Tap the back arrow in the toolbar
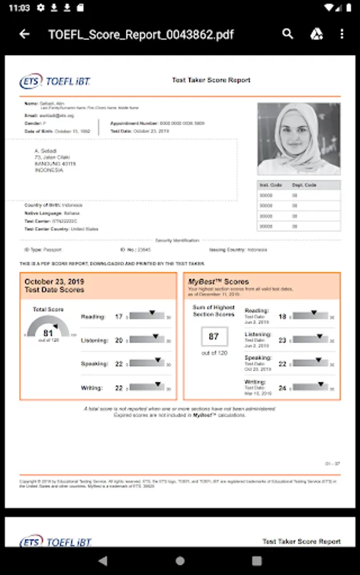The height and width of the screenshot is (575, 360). pyautogui.click(x=24, y=34)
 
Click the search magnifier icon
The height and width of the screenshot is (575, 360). pyautogui.click(x=288, y=34)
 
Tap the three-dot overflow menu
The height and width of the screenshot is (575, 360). pyautogui.click(x=342, y=34)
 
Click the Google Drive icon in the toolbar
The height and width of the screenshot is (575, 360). pyautogui.click(x=317, y=34)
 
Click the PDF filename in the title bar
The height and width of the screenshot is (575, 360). pyautogui.click(x=141, y=34)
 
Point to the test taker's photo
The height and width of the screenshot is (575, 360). pyautogui.click(x=299, y=139)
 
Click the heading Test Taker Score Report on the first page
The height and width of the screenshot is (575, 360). pyautogui.click(x=211, y=80)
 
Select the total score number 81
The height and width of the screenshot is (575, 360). pyautogui.click(x=49, y=333)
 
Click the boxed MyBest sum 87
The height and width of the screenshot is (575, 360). pyautogui.click(x=214, y=336)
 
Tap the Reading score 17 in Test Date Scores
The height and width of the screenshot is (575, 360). pyautogui.click(x=118, y=316)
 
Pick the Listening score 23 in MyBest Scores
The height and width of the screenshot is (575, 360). pyautogui.click(x=282, y=341)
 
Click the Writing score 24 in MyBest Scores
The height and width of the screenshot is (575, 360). pyautogui.click(x=282, y=387)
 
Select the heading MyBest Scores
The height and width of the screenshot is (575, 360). pyautogui.click(x=218, y=281)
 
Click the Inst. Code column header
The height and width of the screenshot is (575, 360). pyautogui.click(x=267, y=185)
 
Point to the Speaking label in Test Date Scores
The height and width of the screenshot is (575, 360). pyautogui.click(x=94, y=364)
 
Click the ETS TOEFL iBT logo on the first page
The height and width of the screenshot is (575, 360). pyautogui.click(x=56, y=81)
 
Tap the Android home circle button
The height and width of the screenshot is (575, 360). pyautogui.click(x=180, y=560)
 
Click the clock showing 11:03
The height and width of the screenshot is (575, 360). pyautogui.click(x=20, y=8)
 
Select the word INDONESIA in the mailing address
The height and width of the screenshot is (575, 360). pyautogui.click(x=49, y=170)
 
